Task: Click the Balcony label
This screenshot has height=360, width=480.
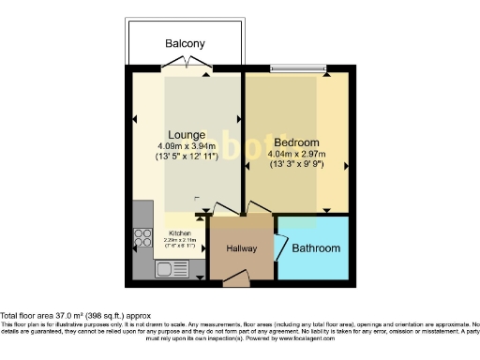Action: click(185, 44)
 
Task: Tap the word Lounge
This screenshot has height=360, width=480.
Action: click(187, 134)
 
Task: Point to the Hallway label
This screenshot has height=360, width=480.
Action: click(241, 248)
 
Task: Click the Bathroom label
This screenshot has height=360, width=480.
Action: click(316, 248)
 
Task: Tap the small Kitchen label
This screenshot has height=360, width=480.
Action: click(180, 232)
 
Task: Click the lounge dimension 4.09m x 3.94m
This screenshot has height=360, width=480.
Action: click(187, 145)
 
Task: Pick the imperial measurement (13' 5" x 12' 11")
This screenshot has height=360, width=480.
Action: click(187, 157)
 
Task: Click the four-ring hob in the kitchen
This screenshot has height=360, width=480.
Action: click(143, 238)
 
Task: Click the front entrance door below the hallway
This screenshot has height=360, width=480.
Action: click(238, 276)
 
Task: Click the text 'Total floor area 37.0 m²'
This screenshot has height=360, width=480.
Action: click(56, 316)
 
